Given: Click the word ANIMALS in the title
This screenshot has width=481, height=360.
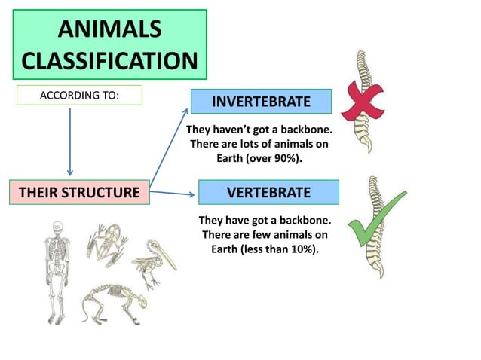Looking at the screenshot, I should tap(109, 30).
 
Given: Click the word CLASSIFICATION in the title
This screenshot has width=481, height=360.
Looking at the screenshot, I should tap(109, 61).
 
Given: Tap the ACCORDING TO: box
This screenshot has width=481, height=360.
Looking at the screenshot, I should tap(79, 96).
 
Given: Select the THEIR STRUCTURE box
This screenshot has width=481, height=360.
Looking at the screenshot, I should tap(79, 193).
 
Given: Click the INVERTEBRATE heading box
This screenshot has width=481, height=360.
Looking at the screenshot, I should tap(260, 101).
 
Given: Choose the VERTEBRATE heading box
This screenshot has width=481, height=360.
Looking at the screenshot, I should tap(268, 193).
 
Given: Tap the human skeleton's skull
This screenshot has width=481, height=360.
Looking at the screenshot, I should tap(58, 229).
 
